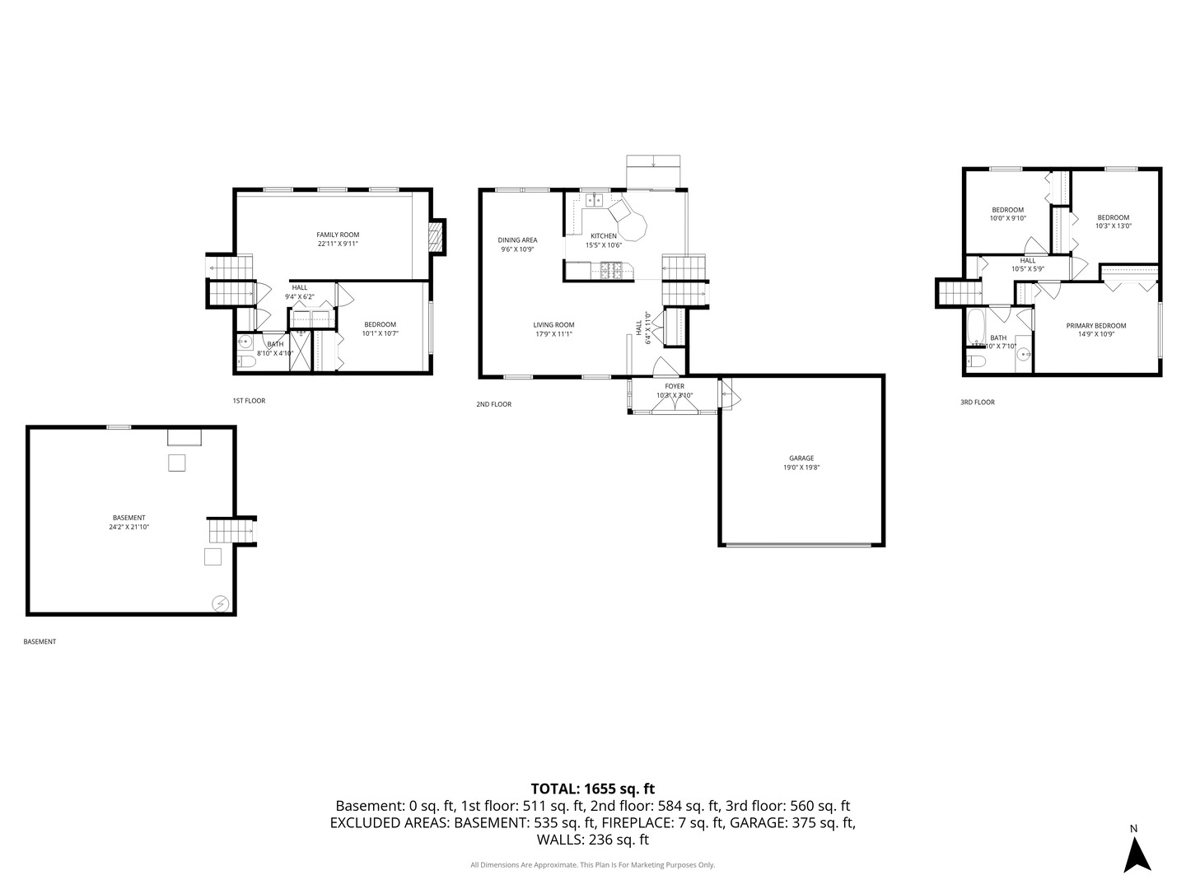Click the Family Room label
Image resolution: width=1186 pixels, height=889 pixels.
[338, 235]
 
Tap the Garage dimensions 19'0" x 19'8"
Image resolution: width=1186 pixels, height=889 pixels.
[801, 468]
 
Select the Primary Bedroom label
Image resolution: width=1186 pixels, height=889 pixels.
[1095, 326]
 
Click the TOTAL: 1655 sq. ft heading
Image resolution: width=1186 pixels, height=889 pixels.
[592, 789]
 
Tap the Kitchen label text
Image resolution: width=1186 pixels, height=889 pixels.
[603, 236]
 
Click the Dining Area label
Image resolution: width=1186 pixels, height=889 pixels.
[517, 240]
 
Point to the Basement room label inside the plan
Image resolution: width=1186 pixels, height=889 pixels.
[128, 518]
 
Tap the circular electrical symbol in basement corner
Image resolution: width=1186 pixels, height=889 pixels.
[220, 603]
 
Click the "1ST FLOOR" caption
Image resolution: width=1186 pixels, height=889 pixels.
[249, 401]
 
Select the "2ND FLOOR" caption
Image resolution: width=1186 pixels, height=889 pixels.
[493, 404]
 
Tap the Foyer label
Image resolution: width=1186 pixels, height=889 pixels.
[675, 386]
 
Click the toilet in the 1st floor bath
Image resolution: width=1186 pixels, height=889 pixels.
[245, 361]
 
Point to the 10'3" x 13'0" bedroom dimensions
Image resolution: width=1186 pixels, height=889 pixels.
[1113, 226]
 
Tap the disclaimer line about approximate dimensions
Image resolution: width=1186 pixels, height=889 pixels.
[592, 865]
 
